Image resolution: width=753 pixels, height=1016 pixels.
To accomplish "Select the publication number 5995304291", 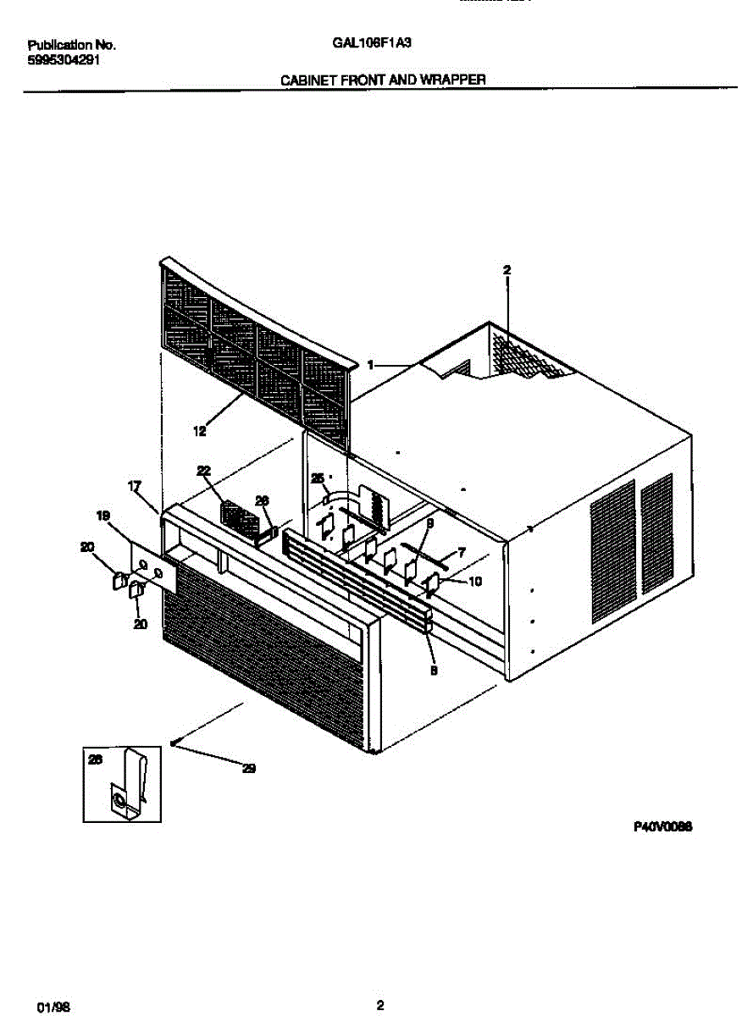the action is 64,59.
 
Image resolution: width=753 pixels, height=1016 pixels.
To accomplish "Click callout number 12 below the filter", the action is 200,431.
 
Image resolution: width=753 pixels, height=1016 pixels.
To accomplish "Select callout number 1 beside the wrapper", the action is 370,365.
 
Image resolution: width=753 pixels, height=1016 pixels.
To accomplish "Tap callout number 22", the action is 203,471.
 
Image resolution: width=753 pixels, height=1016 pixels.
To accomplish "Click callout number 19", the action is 103,515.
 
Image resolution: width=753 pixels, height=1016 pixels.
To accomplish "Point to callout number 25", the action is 318,478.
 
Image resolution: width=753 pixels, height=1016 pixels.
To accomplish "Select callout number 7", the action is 461,551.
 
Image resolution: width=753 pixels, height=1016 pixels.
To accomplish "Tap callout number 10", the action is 475,581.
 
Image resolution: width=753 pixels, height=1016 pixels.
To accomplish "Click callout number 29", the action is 249,769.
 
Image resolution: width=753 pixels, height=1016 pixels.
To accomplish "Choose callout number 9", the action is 429,525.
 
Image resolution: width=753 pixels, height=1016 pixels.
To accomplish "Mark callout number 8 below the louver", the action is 433,669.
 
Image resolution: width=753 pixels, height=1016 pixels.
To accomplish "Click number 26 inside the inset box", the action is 95,760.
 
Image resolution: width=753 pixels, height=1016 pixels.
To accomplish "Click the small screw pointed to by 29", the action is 173,743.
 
